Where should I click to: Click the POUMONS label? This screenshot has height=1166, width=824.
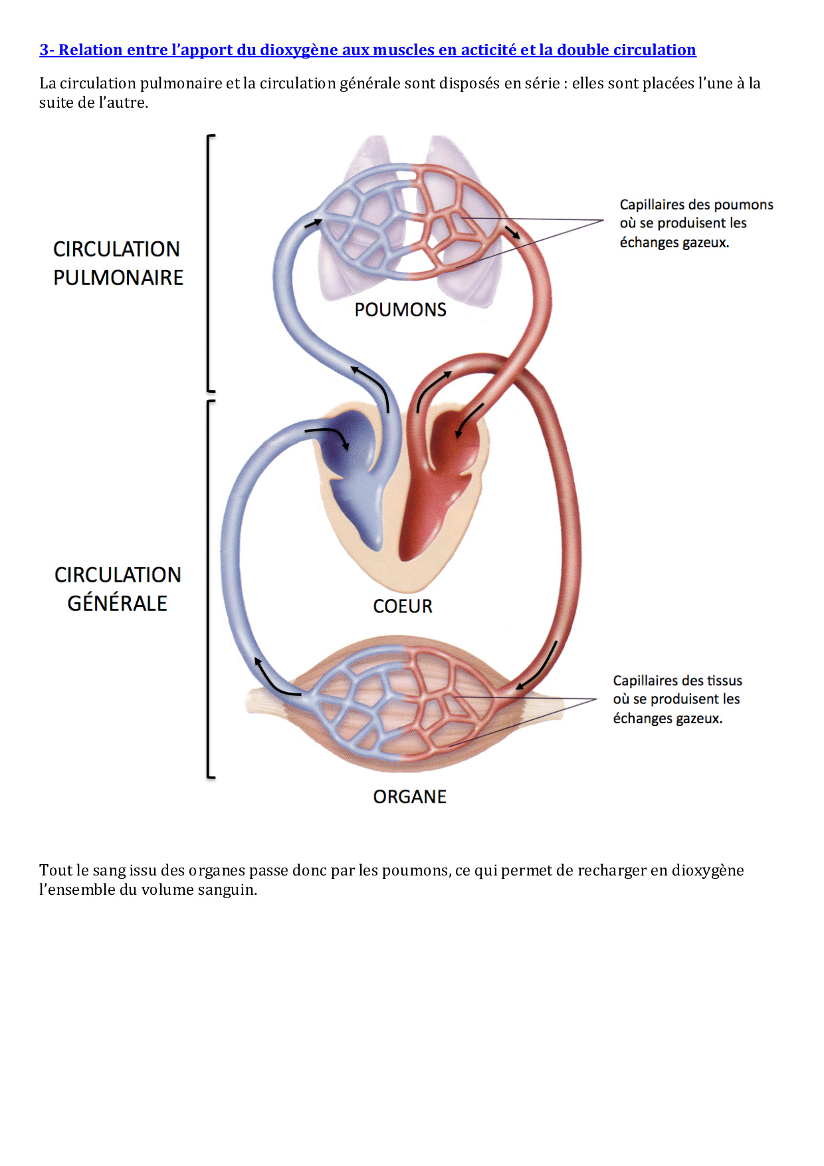coord(400,310)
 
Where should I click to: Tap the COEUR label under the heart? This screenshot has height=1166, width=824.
coord(403,606)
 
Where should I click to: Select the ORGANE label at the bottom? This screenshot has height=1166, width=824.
coord(409,796)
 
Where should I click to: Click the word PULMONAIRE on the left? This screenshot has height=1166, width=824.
coord(118,278)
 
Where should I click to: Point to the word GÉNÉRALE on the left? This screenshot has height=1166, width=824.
coord(118,603)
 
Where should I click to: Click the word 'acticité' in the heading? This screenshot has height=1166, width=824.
coord(488,50)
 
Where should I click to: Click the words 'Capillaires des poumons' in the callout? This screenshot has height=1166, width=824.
coord(696,205)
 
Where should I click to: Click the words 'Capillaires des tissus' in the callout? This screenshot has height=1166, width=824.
coord(677,681)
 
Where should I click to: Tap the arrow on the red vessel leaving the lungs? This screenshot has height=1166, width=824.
coord(512,232)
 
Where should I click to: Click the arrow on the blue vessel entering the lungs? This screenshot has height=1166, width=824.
coord(313,223)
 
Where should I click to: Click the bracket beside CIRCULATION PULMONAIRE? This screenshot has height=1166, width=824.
coord(209,263)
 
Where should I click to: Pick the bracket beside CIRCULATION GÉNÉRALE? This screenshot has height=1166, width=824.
coord(209,589)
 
